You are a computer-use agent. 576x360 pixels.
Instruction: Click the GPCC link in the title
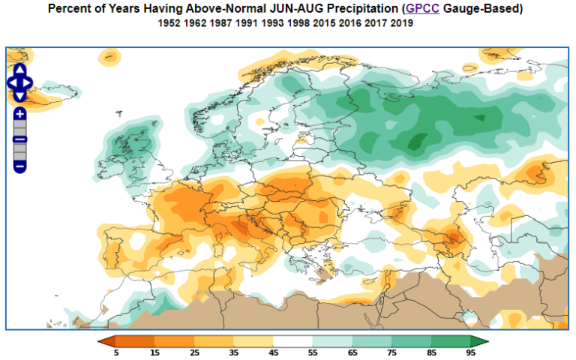click(x=421, y=9)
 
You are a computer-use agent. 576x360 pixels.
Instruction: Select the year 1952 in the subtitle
click(x=170, y=23)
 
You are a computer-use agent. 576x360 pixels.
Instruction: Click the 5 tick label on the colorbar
click(x=116, y=352)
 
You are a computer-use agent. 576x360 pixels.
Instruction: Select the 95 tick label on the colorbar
click(x=470, y=352)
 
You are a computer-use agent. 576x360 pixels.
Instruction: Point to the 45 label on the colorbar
click(x=274, y=352)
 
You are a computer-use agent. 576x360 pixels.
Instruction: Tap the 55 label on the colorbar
click(x=313, y=352)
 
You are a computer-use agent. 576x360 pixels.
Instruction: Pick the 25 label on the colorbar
click(x=195, y=352)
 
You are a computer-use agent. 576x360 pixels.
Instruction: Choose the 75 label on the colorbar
click(x=391, y=352)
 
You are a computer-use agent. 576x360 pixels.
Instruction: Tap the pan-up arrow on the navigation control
click(x=20, y=70)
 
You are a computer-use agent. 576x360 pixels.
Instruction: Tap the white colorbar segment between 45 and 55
click(x=293, y=341)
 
